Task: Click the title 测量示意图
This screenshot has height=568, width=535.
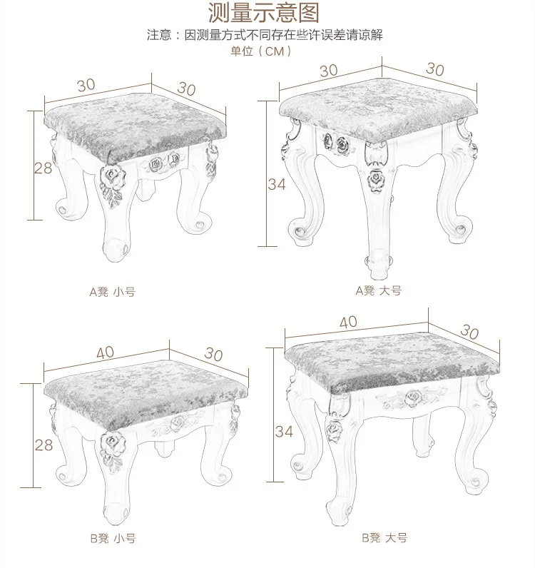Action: click(263, 12)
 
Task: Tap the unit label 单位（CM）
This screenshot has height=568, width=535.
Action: click(261, 51)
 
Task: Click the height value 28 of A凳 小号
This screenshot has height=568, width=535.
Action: click(43, 168)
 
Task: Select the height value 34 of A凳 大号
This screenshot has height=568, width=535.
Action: click(277, 184)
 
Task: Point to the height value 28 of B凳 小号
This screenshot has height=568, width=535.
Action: click(44, 445)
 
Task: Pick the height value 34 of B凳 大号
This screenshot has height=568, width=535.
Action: click(284, 432)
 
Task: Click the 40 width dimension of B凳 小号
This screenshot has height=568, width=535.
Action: click(105, 353)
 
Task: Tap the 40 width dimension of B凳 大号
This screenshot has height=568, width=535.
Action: click(348, 322)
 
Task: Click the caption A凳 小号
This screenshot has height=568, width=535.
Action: click(112, 292)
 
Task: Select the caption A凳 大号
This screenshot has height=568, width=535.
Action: click(379, 290)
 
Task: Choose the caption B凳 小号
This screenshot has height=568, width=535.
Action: click(113, 538)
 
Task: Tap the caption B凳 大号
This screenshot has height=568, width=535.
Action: click(384, 537)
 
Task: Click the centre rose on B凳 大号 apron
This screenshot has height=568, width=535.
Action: click(412, 398)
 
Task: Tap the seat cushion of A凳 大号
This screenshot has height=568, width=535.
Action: click(378, 108)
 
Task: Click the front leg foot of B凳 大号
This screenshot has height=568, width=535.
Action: click(340, 514)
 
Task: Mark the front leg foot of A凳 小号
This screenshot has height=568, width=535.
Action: click(116, 250)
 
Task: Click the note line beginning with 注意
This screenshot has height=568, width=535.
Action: click(265, 35)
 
